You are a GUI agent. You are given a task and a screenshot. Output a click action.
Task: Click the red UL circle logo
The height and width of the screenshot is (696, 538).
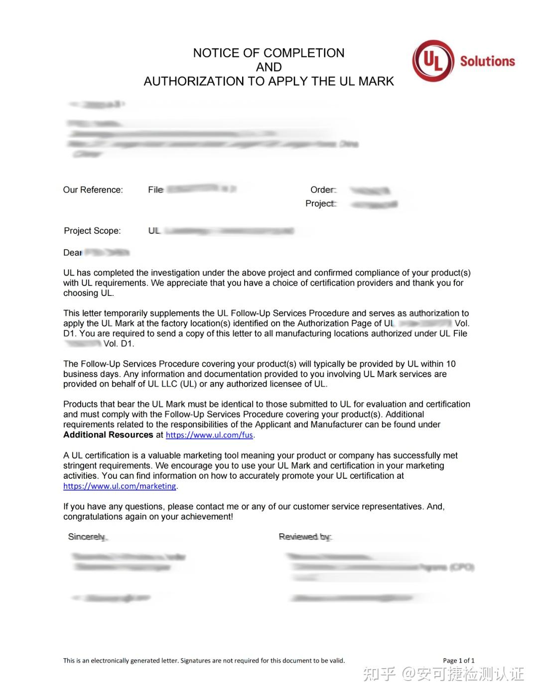coord(433,61)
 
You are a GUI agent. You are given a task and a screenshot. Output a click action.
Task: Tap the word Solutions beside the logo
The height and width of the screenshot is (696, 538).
coord(487,61)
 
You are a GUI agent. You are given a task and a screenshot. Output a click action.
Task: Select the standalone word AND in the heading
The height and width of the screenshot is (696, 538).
coord(269,67)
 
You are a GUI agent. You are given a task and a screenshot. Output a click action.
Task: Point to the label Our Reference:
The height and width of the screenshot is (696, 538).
coord(93,190)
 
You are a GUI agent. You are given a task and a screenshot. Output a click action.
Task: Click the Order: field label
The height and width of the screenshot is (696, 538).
coord(323,190)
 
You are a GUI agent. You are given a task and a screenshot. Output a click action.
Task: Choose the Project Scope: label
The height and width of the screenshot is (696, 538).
coord(92,231)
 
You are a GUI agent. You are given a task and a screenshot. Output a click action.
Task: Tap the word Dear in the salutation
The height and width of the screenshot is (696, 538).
coord(72,253)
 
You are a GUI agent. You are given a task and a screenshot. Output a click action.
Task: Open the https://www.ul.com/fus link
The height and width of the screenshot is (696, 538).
coord(209,435)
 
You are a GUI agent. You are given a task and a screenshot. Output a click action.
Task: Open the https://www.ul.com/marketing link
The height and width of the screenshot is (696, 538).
coord(120,486)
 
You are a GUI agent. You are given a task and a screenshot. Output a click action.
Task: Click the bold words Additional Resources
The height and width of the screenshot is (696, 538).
coord(108,434)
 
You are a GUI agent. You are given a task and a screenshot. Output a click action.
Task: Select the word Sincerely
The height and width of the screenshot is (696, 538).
coord(87,537)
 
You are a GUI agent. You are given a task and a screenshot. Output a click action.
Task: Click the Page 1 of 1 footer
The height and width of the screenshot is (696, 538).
coord(458,661)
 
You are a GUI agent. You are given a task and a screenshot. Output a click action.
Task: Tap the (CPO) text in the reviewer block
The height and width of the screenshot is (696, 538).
coord(462,567)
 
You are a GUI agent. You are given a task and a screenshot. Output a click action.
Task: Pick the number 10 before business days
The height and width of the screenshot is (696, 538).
coord(451,364)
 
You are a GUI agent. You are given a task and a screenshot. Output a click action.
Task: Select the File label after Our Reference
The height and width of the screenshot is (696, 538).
coord(155,190)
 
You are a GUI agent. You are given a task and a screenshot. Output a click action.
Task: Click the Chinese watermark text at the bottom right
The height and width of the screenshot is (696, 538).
coord(443,674)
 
